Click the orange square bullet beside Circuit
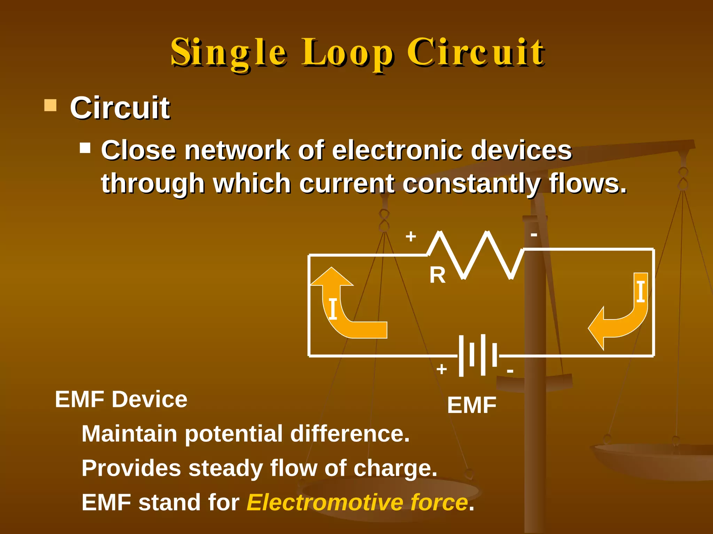[50, 105]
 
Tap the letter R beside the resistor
[437, 275]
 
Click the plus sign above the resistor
[411, 236]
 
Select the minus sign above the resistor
[534, 235]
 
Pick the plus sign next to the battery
[441, 369]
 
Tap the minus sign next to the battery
[510, 371]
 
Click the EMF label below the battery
[472, 405]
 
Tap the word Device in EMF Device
[149, 399]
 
